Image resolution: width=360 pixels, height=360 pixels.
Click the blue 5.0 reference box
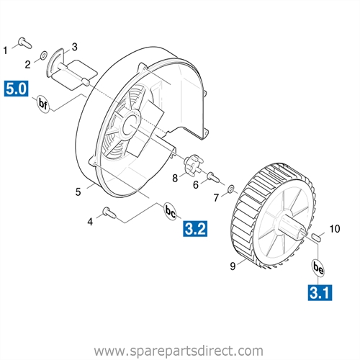click(x=16, y=89)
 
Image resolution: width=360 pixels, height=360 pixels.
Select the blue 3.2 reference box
click(x=195, y=229)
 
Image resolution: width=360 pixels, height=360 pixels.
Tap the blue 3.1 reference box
click(x=320, y=292)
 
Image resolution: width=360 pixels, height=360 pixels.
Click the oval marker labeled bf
click(x=43, y=104)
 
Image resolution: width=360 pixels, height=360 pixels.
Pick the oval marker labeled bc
click(x=171, y=212)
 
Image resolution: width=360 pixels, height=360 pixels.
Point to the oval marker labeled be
click(x=318, y=268)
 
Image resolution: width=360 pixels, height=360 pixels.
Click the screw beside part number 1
click(x=25, y=42)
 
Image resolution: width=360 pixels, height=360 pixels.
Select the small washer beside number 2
click(x=43, y=55)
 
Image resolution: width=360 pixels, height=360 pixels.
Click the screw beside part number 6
click(x=213, y=177)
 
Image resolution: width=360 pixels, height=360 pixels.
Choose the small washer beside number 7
click(x=231, y=189)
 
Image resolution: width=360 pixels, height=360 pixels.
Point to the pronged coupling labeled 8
click(x=193, y=165)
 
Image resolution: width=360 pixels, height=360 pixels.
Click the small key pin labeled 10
click(x=316, y=238)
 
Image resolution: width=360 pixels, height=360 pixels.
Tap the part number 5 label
click(x=78, y=192)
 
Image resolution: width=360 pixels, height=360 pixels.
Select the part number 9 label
click(x=233, y=266)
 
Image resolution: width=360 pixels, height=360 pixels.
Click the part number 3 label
click(x=75, y=47)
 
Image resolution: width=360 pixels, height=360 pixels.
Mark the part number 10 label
click(x=334, y=229)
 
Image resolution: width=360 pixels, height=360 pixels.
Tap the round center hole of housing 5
click(x=132, y=125)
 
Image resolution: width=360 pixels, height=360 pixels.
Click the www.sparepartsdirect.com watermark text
click(x=179, y=351)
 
